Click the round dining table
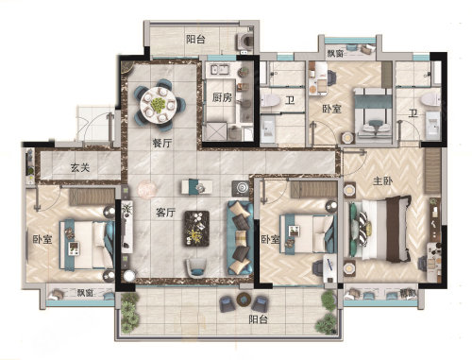(x=159, y=105)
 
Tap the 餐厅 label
(x=162, y=144)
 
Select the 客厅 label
(x=165, y=213)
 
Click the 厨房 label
(x=222, y=97)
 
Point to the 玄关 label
(x=80, y=167)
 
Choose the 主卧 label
(x=382, y=181)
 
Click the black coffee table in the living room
(x=197, y=229)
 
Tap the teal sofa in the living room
(x=240, y=237)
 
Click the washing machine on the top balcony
(x=245, y=41)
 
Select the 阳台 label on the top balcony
(x=195, y=40)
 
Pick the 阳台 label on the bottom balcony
(x=258, y=319)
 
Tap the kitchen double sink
(x=219, y=70)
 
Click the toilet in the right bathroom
(x=430, y=99)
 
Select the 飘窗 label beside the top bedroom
(x=335, y=53)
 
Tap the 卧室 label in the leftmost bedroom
(x=42, y=239)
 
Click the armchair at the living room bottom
(x=195, y=268)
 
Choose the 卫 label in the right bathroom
(x=413, y=112)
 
